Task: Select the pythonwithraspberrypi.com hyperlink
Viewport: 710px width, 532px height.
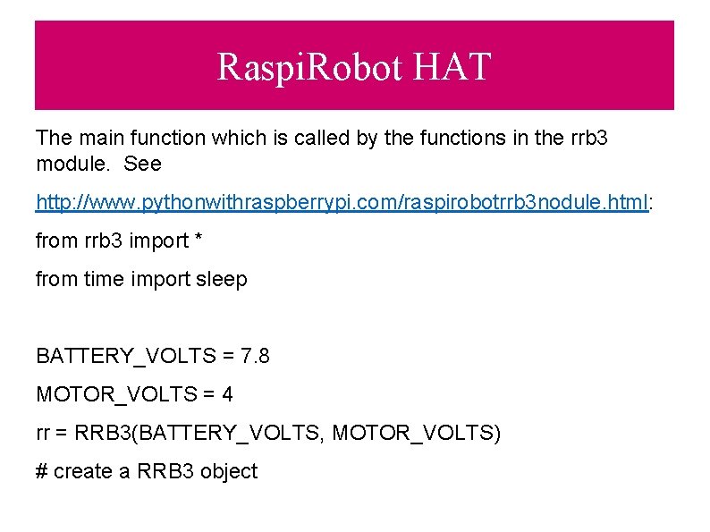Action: tap(342, 203)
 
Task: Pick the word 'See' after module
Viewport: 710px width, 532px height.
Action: tap(142, 165)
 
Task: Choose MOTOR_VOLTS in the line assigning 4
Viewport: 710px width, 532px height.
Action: tap(107, 393)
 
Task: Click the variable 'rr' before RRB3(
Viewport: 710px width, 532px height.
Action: tap(42, 434)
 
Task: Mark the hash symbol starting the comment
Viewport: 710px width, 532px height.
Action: tap(41, 471)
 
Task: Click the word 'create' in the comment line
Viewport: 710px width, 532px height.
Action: tap(83, 471)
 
